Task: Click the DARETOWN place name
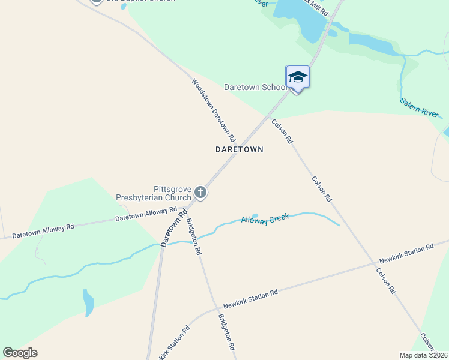239,149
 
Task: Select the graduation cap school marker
297,77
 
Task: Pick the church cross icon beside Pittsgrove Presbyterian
200,193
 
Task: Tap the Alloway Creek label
265,220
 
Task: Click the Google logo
20,352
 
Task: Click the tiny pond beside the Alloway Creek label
255,216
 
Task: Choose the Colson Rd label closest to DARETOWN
282,131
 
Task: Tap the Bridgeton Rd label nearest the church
193,236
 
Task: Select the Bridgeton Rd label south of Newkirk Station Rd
226,332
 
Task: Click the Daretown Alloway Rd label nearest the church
146,214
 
